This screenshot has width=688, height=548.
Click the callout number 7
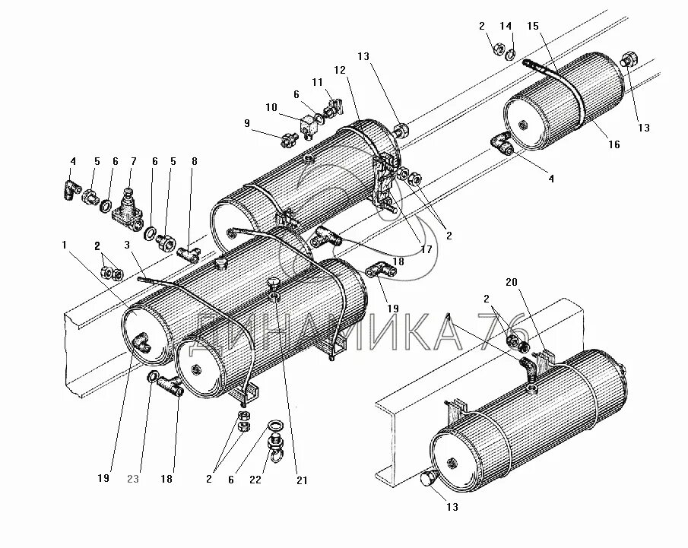[134, 161]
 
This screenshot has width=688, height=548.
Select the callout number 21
[302, 480]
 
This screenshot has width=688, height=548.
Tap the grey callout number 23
[134, 479]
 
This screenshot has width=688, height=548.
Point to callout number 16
[613, 144]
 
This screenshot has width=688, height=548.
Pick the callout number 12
[339, 71]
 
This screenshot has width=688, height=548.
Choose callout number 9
[246, 123]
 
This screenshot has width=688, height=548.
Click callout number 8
[194, 161]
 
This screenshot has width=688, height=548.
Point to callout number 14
[506, 26]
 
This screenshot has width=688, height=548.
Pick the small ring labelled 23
[152, 377]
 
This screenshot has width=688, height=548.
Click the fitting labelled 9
[288, 141]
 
